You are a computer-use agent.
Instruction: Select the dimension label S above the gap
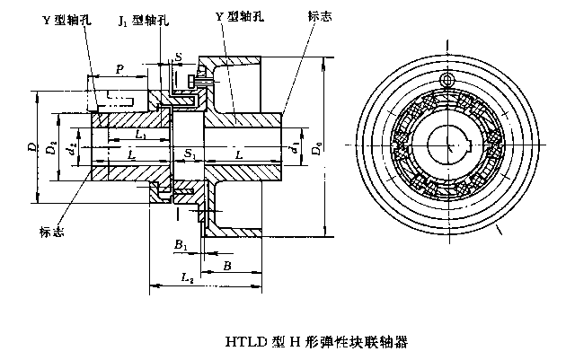(178, 57)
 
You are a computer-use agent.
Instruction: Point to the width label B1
(180, 244)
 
